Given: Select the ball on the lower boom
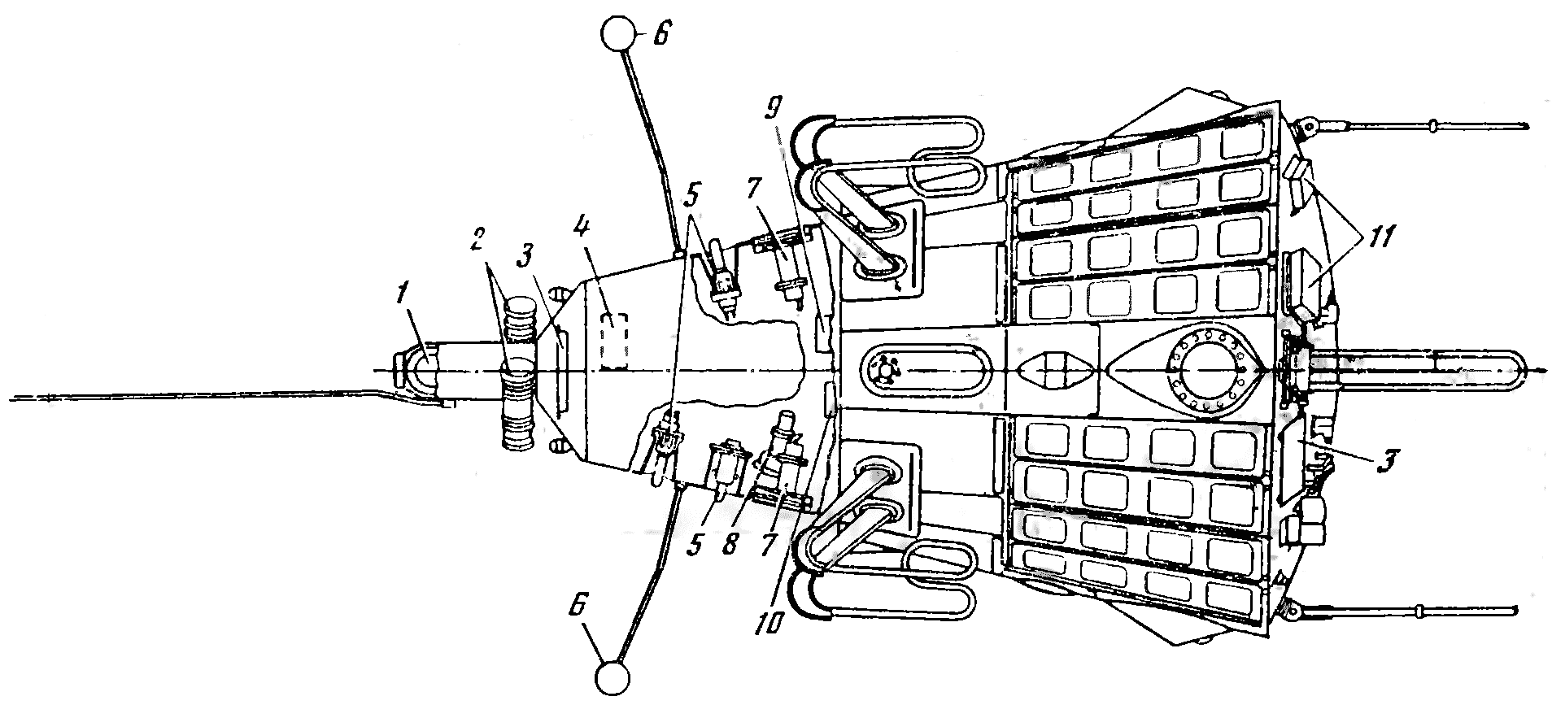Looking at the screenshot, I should pyautogui.click(x=612, y=678).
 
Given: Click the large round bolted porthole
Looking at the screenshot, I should pyautogui.click(x=1207, y=370).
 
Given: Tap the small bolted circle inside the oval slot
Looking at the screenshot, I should pyautogui.click(x=885, y=369).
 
